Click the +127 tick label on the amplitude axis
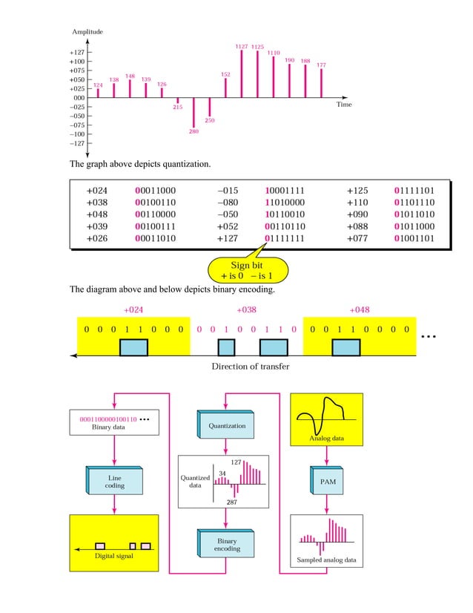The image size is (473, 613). pyautogui.click(x=76, y=53)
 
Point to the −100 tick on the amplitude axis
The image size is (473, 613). pyautogui.click(x=76, y=134)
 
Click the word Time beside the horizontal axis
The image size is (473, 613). pyautogui.click(x=343, y=105)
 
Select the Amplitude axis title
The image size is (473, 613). pyautogui.click(x=87, y=32)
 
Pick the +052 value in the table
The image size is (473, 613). pyautogui.click(x=228, y=226)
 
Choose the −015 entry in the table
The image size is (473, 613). pyautogui.click(x=228, y=191)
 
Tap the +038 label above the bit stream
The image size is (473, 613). pyautogui.click(x=246, y=309)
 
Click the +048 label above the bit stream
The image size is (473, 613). pyautogui.click(x=360, y=309)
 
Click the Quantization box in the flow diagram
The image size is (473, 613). pyautogui.click(x=227, y=426)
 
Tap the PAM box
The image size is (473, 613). pyautogui.click(x=327, y=481)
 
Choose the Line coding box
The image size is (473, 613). pyautogui.click(x=114, y=481)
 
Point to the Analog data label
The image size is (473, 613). pyautogui.click(x=326, y=439)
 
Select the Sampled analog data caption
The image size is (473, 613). pyautogui.click(x=326, y=560)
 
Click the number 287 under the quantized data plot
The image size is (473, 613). pyautogui.click(x=231, y=502)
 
